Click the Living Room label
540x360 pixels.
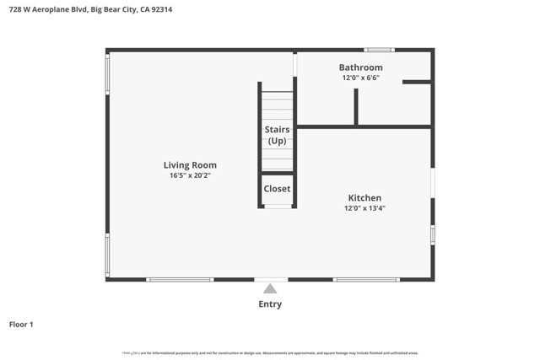pos(190,165)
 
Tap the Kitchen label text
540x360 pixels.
pos(364,198)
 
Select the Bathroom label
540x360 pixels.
pos(360,67)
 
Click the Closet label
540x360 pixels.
pos(277,189)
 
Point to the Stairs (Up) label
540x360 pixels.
pos(277,135)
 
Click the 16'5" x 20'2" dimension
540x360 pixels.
pos(190,176)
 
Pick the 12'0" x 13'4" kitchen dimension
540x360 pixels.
pos(364,208)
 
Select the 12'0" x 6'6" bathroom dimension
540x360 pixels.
pos(360,78)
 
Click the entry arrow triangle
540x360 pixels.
pos(270,288)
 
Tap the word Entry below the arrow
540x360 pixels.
pos(270,304)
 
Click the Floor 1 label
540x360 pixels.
pos(21,324)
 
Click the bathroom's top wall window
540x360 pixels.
pos(379,50)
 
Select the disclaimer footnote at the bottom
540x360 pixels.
pos(270,353)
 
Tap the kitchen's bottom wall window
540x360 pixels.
pos(365,279)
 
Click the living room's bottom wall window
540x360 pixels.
pos(180,279)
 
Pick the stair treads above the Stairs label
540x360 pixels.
pos(277,105)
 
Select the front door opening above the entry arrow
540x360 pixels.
pos(270,279)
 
